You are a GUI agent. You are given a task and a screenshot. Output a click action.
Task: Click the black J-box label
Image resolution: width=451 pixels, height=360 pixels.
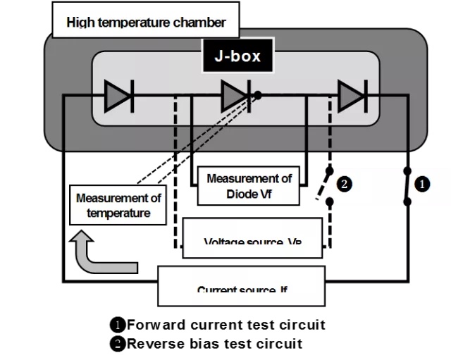[237, 56]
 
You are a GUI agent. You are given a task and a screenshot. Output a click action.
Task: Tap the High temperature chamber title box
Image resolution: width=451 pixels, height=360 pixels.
[146, 23]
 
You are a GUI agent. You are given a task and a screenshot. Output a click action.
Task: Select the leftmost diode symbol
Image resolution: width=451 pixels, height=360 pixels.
[118, 96]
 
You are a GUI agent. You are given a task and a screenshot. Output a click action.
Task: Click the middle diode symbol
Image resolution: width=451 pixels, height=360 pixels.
[235, 96]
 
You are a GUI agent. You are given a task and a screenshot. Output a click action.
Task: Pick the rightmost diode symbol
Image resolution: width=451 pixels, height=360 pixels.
[351, 96]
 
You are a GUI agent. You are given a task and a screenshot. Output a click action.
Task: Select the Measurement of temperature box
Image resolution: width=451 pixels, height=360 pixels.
[118, 205]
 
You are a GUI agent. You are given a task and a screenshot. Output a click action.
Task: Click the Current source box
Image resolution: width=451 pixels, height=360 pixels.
[241, 285]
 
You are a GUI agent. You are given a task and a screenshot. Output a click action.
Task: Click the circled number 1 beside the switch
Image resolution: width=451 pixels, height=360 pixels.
[421, 184]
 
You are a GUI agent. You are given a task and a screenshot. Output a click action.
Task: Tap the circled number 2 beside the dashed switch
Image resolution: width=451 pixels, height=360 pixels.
[345, 185]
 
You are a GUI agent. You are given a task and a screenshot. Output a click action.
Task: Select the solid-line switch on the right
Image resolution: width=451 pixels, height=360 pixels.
[407, 186]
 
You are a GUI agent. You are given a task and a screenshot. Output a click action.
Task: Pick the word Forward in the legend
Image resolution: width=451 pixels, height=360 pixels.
[156, 325]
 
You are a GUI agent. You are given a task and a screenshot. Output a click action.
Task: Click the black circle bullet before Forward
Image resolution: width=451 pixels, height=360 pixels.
[118, 325]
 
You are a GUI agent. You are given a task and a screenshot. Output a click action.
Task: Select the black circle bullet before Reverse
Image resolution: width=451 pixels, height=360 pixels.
[118, 344]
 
